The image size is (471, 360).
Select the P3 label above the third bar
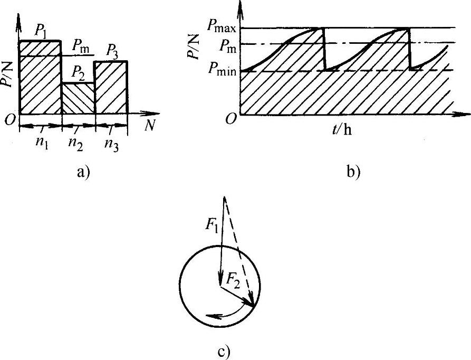(112, 51)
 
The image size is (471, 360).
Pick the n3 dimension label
(111, 143)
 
